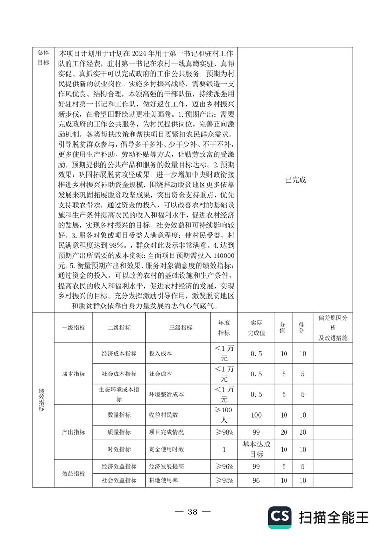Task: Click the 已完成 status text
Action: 296,179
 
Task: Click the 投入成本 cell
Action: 161,354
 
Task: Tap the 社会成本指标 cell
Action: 119,375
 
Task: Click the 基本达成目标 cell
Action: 256,449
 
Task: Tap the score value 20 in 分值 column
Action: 284,432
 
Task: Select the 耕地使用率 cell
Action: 164,480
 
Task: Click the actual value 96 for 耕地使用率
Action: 256,480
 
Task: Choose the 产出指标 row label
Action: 73,432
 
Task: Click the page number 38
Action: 193,512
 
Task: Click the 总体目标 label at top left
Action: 43,57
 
